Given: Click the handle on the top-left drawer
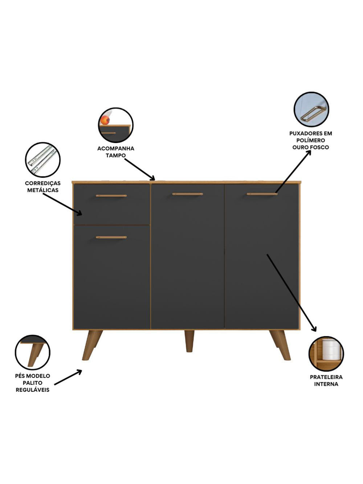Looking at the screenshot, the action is [x=111, y=196].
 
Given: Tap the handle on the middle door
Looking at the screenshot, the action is [x=187, y=194].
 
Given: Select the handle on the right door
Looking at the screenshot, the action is [x=262, y=194].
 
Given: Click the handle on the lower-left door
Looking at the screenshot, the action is [x=111, y=237].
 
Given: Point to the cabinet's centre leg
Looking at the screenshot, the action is [x=189, y=341].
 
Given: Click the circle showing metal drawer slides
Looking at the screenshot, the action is [x=43, y=160].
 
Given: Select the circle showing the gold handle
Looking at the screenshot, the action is [x=311, y=110].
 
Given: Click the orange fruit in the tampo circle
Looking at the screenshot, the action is [x=105, y=121].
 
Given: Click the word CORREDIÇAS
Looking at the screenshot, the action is [x=43, y=183].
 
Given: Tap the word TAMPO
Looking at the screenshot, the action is [x=115, y=155].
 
